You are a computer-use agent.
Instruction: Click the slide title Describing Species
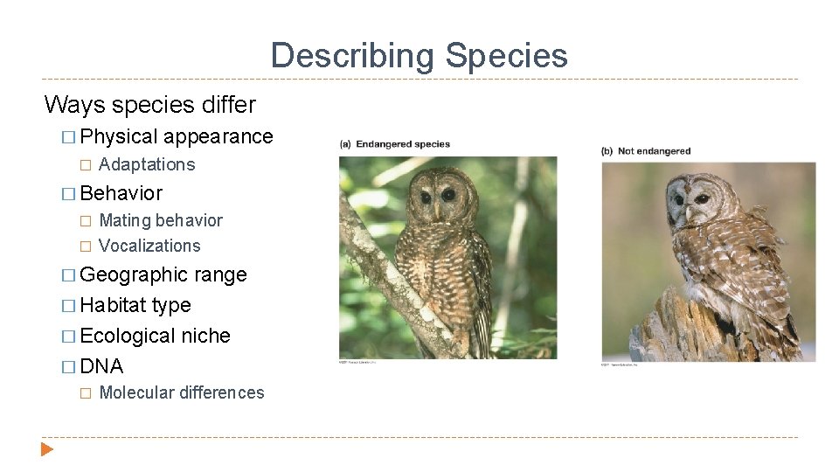[x=419, y=56]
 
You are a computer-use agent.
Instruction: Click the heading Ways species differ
[x=149, y=105]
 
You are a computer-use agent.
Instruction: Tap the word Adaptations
[x=147, y=164]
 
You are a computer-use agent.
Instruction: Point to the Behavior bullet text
[x=121, y=193]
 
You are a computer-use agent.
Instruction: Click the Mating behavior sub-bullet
[x=161, y=220]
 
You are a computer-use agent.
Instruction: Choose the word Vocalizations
[x=149, y=246]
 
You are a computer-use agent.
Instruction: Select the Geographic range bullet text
[x=163, y=274]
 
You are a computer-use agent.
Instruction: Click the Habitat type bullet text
[x=135, y=305]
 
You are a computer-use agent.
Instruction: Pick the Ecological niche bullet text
[x=155, y=336]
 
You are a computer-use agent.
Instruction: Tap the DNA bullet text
[x=101, y=366]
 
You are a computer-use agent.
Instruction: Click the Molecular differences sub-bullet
[x=182, y=392]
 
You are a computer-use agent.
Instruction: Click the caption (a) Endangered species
[x=395, y=144]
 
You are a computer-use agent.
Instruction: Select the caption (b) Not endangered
[x=646, y=151]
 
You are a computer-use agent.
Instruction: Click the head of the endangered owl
[x=437, y=194]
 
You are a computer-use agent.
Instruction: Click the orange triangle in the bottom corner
[x=47, y=449]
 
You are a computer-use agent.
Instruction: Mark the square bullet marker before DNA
[x=69, y=367]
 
